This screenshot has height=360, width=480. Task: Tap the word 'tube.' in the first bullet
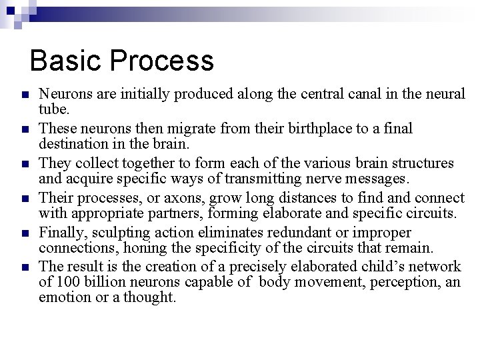point(54,109)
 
